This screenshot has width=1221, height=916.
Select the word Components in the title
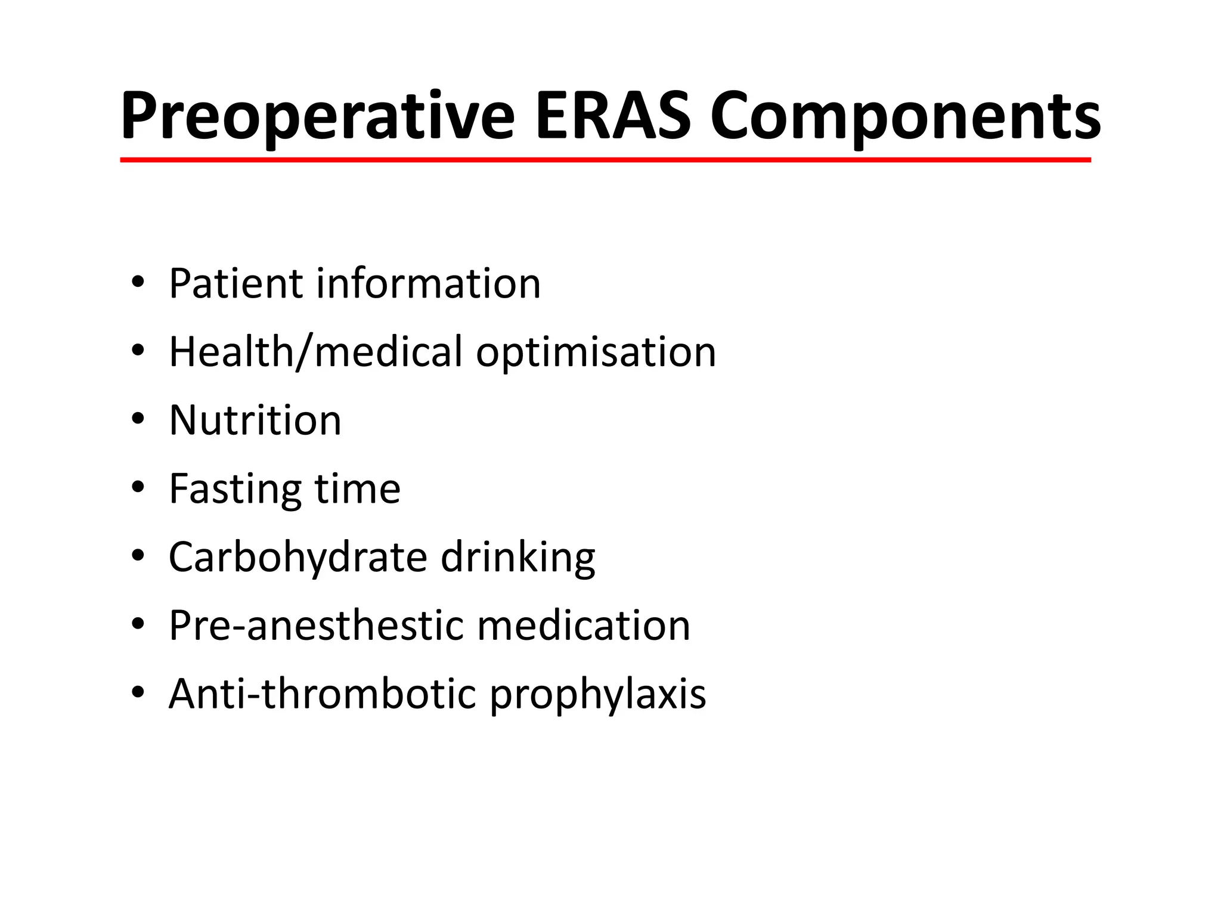tap(905, 116)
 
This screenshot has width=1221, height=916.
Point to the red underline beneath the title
tap(605, 160)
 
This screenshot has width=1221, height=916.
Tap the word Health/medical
tap(315, 352)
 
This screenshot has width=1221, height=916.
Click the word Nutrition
tap(255, 420)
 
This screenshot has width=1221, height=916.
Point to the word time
tap(357, 489)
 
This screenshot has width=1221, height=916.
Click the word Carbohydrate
tap(298, 558)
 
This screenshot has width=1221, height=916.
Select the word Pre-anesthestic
tap(317, 626)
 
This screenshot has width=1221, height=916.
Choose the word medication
tap(584, 626)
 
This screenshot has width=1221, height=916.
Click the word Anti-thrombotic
tap(323, 694)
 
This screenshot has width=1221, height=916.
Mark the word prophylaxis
tap(597, 695)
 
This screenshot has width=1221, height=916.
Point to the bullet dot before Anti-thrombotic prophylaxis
tap(138, 693)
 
